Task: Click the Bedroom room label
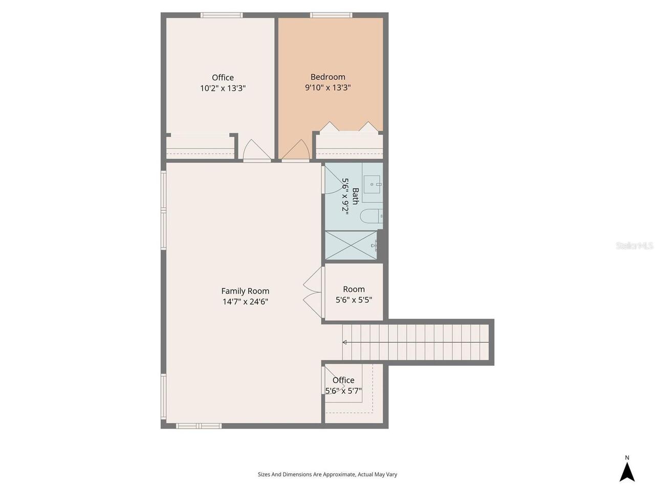pyautogui.click(x=327, y=77)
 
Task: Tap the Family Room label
pyautogui.click(x=245, y=291)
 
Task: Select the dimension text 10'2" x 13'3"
pyautogui.click(x=223, y=88)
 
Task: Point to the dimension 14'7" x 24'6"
pyautogui.click(x=245, y=302)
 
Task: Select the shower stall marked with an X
pyautogui.click(x=351, y=245)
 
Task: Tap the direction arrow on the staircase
pyautogui.click(x=345, y=342)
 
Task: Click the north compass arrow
pyautogui.click(x=627, y=472)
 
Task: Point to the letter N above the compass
pyautogui.click(x=627, y=458)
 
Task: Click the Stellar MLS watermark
pyautogui.click(x=634, y=246)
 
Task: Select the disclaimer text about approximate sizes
pyautogui.click(x=327, y=475)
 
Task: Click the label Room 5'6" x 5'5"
pyautogui.click(x=354, y=295)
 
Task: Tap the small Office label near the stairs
pyautogui.click(x=343, y=380)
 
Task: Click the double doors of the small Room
pyautogui.click(x=313, y=292)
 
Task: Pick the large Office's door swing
pyautogui.click(x=256, y=150)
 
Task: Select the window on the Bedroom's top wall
pyautogui.click(x=331, y=15)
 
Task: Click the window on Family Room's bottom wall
pyautogui.click(x=199, y=426)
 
